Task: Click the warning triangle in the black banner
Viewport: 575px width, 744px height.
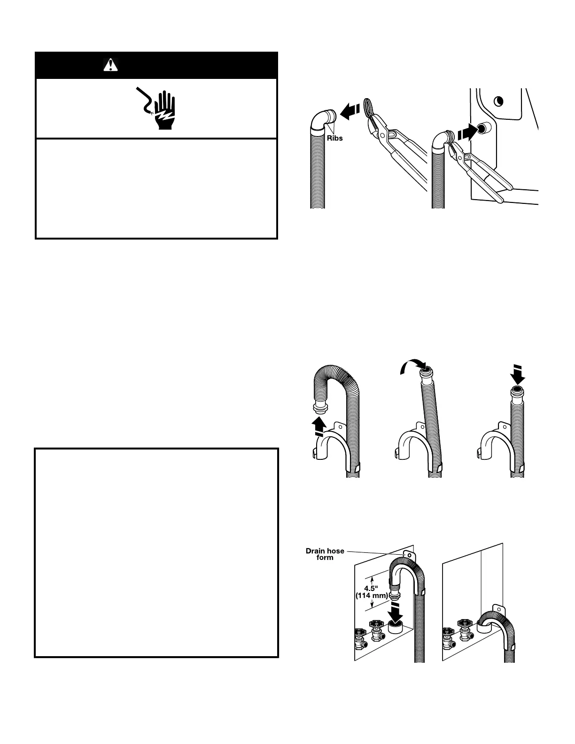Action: (110, 64)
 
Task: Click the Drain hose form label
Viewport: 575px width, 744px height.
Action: (325, 554)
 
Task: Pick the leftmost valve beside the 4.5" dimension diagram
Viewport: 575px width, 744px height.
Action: (360, 636)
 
